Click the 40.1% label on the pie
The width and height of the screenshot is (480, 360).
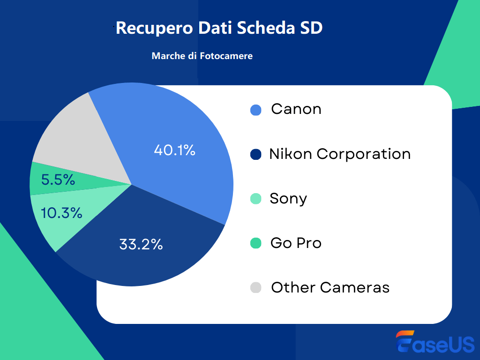tap(174, 150)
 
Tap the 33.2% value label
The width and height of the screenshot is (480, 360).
tap(141, 244)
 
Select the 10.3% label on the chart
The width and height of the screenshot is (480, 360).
tap(61, 213)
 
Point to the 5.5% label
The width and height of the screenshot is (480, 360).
tap(58, 180)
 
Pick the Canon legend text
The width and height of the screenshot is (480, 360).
tap(296, 109)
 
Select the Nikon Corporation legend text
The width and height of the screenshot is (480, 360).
tap(340, 154)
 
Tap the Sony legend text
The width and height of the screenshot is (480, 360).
tap(288, 199)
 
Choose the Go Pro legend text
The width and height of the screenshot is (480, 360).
tap(296, 243)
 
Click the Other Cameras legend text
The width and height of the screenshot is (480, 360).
tap(330, 287)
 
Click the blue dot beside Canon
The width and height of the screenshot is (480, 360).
tap(255, 110)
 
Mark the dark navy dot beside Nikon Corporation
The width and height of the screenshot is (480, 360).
tap(255, 155)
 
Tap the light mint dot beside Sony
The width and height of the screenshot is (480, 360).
tap(255, 199)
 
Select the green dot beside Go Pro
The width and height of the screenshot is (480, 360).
tap(255, 243)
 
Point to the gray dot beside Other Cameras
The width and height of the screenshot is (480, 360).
tap(255, 288)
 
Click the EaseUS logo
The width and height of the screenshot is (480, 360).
tap(435, 342)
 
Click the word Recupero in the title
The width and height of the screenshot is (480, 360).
tap(154, 28)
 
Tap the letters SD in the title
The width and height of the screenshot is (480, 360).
tap(311, 28)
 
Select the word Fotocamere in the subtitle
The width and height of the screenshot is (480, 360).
tap(226, 56)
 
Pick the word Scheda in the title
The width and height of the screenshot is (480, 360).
tap(266, 28)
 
